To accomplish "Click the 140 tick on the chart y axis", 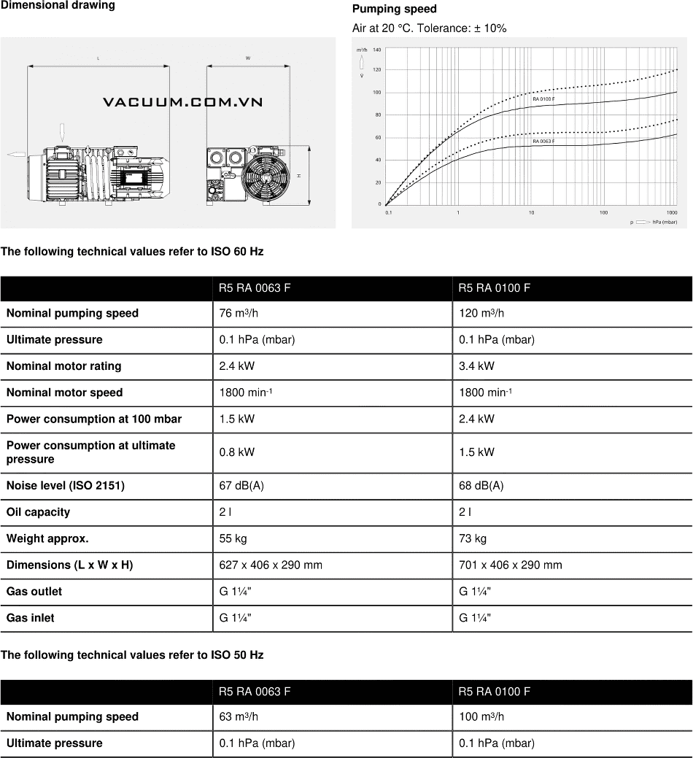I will (x=376, y=50).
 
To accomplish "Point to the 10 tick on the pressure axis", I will (x=531, y=212).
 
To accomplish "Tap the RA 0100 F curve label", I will (x=543, y=98).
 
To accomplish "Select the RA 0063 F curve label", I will (x=543, y=141).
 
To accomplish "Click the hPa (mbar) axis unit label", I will (x=665, y=221).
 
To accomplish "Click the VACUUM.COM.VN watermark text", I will (x=182, y=102).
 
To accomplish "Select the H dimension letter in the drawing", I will (x=298, y=177).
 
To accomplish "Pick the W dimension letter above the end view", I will (x=248, y=58).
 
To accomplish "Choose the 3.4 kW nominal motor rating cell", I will (x=476, y=366).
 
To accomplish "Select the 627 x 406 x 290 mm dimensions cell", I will (x=271, y=565).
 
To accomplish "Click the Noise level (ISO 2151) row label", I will (x=66, y=486).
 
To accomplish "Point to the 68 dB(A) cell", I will (x=481, y=486).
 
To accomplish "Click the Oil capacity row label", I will (x=38, y=512).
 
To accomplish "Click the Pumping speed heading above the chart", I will (x=395, y=9).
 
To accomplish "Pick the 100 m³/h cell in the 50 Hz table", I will (x=481, y=717).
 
